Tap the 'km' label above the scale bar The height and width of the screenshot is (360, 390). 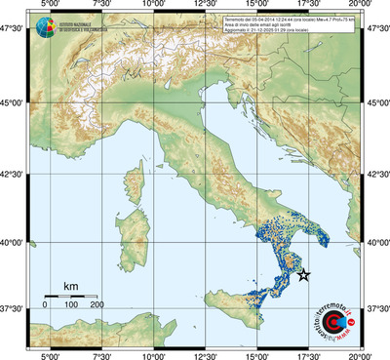pos(70,286)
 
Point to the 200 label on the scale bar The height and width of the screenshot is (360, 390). pos(97,305)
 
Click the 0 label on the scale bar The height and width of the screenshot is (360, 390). pos(45,305)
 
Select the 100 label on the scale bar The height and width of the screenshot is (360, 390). pos(71,305)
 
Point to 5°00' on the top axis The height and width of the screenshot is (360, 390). pos(47,6)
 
